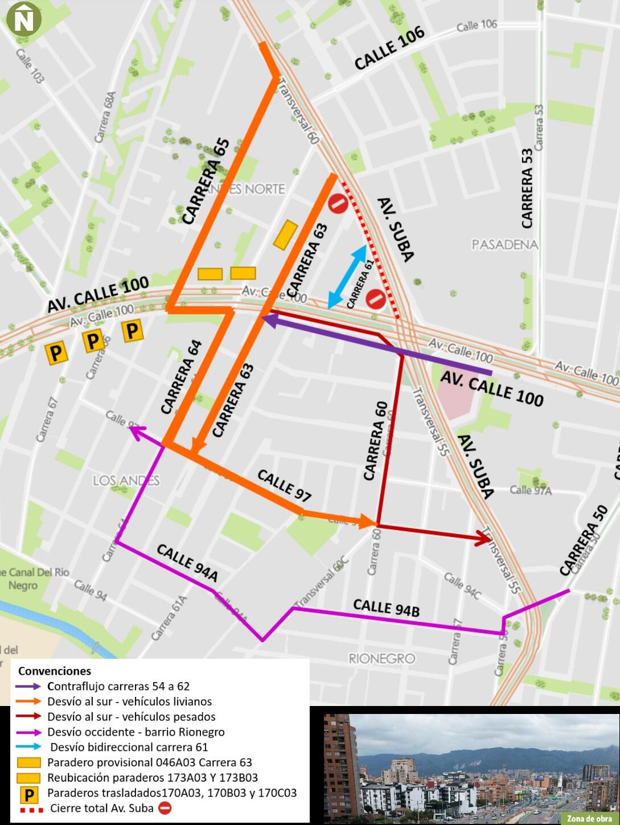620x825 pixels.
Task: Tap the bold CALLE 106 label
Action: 389,48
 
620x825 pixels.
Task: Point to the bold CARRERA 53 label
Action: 527,188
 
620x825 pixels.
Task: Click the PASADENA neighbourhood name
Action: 504,244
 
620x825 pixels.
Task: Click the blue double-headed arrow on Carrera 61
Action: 347,277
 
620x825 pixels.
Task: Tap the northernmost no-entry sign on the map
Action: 338,203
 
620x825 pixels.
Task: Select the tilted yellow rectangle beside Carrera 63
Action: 285,235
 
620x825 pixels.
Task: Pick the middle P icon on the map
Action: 93,341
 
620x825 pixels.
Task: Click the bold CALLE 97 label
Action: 284,486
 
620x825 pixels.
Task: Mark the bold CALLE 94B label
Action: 386,608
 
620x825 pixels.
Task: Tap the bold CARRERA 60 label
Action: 376,441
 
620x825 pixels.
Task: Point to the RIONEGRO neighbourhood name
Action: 381,658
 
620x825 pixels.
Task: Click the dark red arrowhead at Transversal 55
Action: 484,538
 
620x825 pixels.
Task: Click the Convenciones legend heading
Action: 55,671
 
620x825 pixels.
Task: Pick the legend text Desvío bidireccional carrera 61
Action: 129,747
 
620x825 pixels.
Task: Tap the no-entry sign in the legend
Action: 165,807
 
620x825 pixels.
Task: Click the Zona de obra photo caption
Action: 589,818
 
